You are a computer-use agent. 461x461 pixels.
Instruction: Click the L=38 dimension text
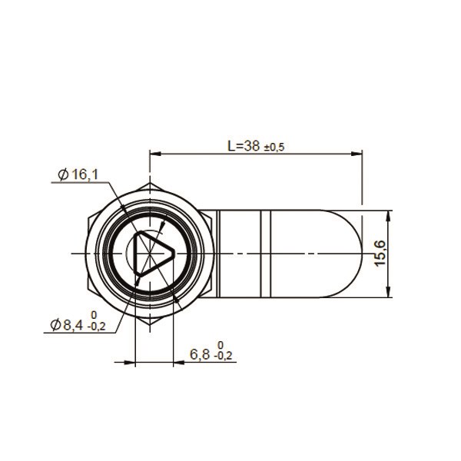tap(244, 146)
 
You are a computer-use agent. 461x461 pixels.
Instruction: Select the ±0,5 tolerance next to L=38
tap(274, 148)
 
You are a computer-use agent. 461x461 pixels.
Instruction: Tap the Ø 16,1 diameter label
tap(78, 175)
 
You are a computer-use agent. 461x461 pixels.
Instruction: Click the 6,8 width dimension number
tap(200, 354)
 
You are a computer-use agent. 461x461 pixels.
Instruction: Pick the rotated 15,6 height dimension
tap(380, 254)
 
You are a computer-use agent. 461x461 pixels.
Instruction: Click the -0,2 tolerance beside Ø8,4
tap(97, 327)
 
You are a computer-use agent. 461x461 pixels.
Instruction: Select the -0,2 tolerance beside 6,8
tap(223, 356)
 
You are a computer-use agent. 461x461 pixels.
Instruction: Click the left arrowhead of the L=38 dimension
tap(155, 154)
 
